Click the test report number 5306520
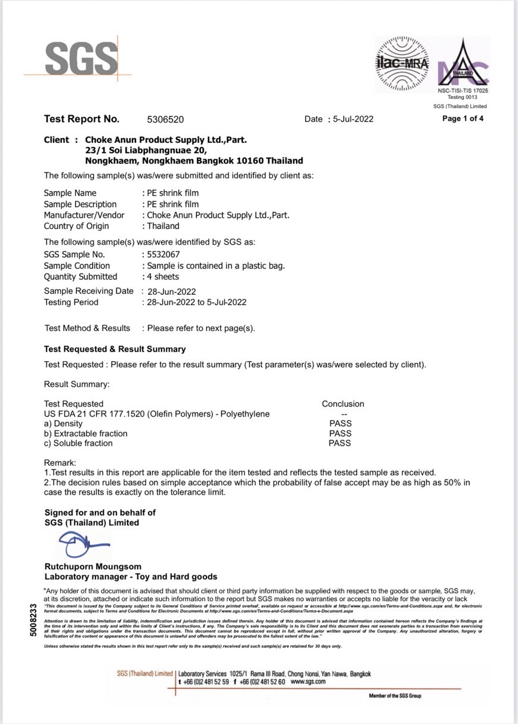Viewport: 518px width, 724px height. [165, 119]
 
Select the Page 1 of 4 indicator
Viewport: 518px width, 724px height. [462, 118]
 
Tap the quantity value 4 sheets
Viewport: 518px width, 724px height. [162, 276]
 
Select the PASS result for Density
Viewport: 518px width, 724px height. [340, 424]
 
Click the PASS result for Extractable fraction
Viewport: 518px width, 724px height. [340, 433]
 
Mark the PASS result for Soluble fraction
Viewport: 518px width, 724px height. [340, 443]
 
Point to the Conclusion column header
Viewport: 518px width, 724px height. [343, 404]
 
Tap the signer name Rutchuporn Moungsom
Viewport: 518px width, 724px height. [93, 566]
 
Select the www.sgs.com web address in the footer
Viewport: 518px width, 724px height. [308, 682]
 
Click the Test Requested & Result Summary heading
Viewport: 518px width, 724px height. [115, 349]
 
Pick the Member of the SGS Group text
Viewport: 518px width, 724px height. [394, 696]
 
